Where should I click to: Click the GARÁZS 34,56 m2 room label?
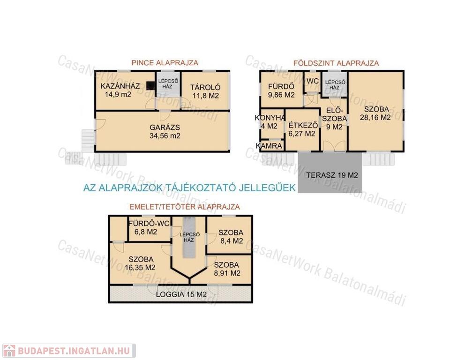[165, 132]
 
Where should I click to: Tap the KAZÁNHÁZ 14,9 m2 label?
[120, 90]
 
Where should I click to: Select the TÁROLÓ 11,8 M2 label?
[205, 91]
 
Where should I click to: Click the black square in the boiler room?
[150, 86]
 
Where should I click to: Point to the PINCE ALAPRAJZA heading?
[165, 63]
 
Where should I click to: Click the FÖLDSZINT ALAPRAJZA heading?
[336, 63]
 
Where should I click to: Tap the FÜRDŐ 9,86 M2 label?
[281, 91]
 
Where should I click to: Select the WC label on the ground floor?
[313, 81]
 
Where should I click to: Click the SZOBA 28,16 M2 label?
[375, 113]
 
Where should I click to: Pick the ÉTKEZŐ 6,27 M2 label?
[302, 129]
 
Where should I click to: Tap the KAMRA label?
[269, 146]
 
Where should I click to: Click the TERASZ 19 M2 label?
[332, 175]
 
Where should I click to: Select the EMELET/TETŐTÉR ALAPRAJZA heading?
[185, 207]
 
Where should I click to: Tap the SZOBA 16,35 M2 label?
[140, 263]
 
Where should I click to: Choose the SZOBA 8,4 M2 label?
[231, 237]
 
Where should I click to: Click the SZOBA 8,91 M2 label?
[227, 269]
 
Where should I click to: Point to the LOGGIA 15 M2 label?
[181, 294]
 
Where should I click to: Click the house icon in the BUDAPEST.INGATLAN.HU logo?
[9, 351]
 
